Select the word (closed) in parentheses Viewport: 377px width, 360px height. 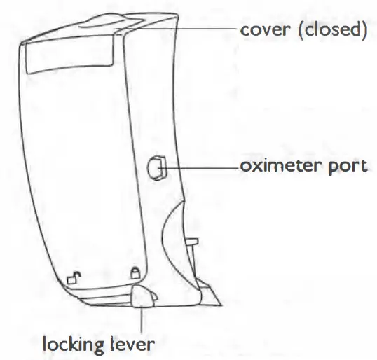[x=329, y=32]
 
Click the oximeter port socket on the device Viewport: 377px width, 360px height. [x=156, y=167]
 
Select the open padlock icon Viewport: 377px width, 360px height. [x=72, y=277]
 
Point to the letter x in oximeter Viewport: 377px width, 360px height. [x=254, y=168]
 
